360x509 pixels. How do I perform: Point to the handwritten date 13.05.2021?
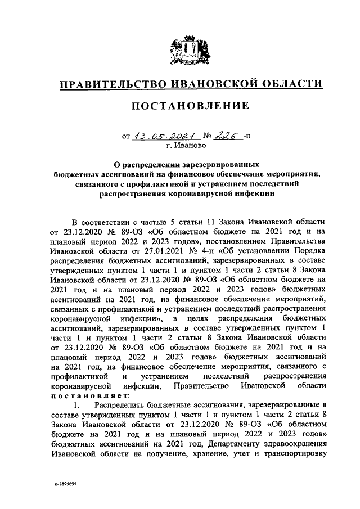point(167,135)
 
